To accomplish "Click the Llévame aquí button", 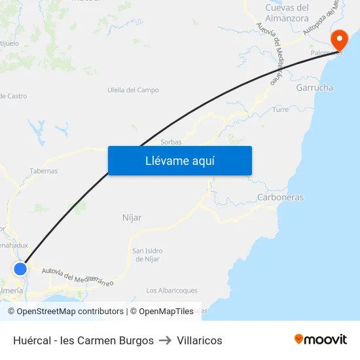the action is coord(179,160).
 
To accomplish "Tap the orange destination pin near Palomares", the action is coord(339,41).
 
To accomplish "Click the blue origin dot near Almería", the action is coord(20,268).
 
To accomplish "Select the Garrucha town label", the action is coord(314,88).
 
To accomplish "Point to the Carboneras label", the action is coord(280,197).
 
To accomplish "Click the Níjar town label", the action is coord(132,217).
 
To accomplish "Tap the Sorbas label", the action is coord(171,141).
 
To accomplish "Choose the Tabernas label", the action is coord(43,171).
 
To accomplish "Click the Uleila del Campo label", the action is coord(133,90).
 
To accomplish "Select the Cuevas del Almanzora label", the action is coord(287,13).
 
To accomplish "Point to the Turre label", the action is coord(280,110).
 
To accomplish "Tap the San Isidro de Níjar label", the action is coord(148,255).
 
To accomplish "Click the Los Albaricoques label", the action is coord(171,291).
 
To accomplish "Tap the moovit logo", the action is coord(321,340).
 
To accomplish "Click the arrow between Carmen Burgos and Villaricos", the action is coord(165,340).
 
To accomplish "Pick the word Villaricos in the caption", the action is coord(200,340).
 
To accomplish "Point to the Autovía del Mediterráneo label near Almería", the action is coord(77,277).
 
